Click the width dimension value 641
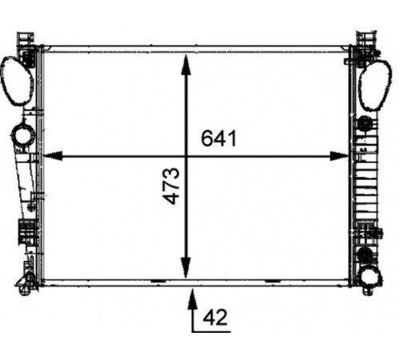218,138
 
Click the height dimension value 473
171,186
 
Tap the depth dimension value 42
215,318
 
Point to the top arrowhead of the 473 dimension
186,64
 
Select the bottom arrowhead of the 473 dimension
186,267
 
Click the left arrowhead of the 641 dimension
53,156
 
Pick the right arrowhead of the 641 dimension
339,156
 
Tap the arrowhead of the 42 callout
192,299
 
